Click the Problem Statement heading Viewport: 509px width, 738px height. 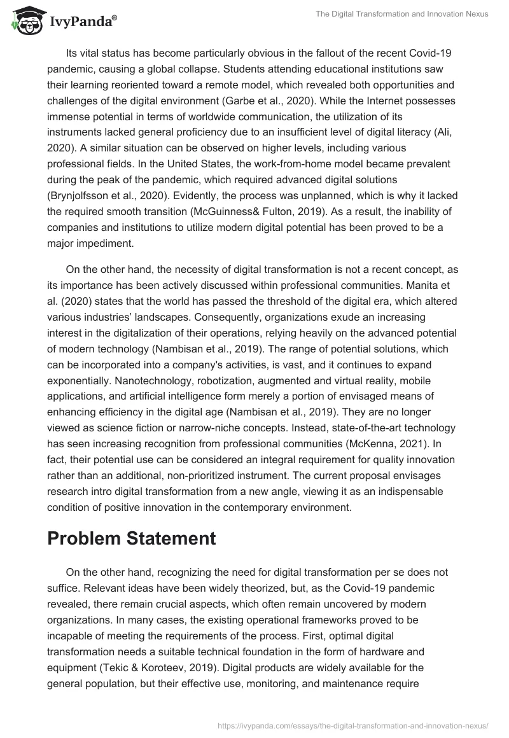coord(132,538)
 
